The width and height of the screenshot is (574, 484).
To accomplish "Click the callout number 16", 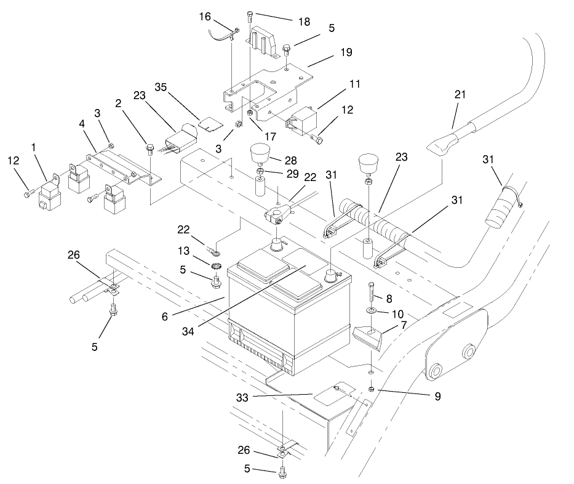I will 205,17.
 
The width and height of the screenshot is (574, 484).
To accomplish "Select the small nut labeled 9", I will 372,389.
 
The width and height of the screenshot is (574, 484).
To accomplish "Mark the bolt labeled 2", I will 150,148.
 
